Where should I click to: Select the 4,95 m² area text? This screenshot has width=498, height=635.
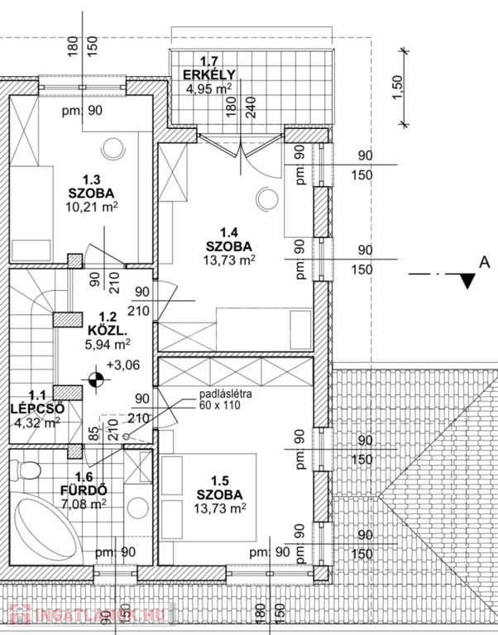(x=208, y=89)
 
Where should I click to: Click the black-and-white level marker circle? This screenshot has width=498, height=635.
(x=98, y=380)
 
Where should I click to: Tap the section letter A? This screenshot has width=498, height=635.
(x=481, y=262)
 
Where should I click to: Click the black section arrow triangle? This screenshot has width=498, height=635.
(x=468, y=281)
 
